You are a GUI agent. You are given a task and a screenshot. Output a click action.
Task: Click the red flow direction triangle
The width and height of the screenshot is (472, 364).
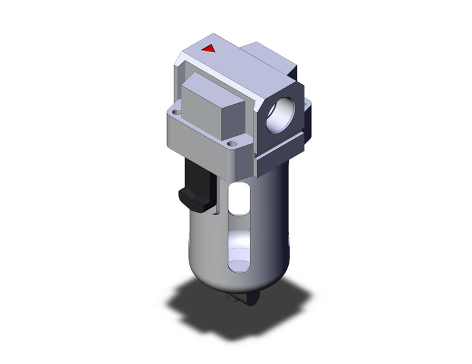point(209,48)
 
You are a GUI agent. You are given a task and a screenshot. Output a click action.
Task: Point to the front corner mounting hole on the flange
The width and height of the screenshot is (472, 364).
point(234,144)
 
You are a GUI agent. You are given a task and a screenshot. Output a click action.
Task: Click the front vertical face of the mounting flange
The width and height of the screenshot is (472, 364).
point(199,140)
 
